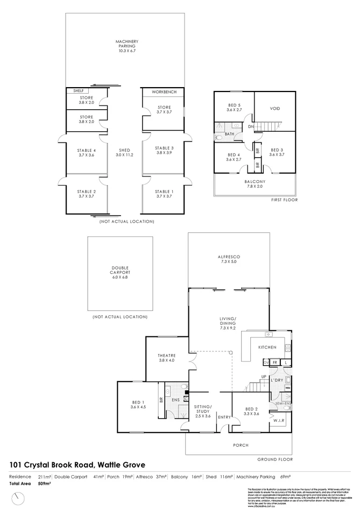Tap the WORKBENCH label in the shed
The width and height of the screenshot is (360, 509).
[164, 93]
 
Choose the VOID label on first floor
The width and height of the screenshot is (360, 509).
[274, 108]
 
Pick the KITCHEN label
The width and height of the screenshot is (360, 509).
[267, 347]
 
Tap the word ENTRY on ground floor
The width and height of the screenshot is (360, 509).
[224, 417]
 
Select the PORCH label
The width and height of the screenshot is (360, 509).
[240, 445]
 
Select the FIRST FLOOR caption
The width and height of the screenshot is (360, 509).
[285, 200]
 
